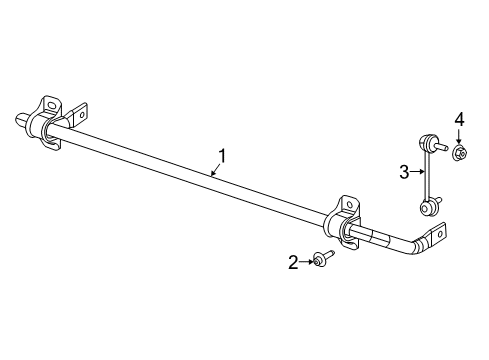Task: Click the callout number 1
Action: [223, 155]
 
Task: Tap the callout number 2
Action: [293, 262]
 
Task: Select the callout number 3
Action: [404, 172]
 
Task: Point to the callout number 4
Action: [459, 120]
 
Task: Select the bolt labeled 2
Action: [320, 261]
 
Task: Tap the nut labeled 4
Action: [459, 152]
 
